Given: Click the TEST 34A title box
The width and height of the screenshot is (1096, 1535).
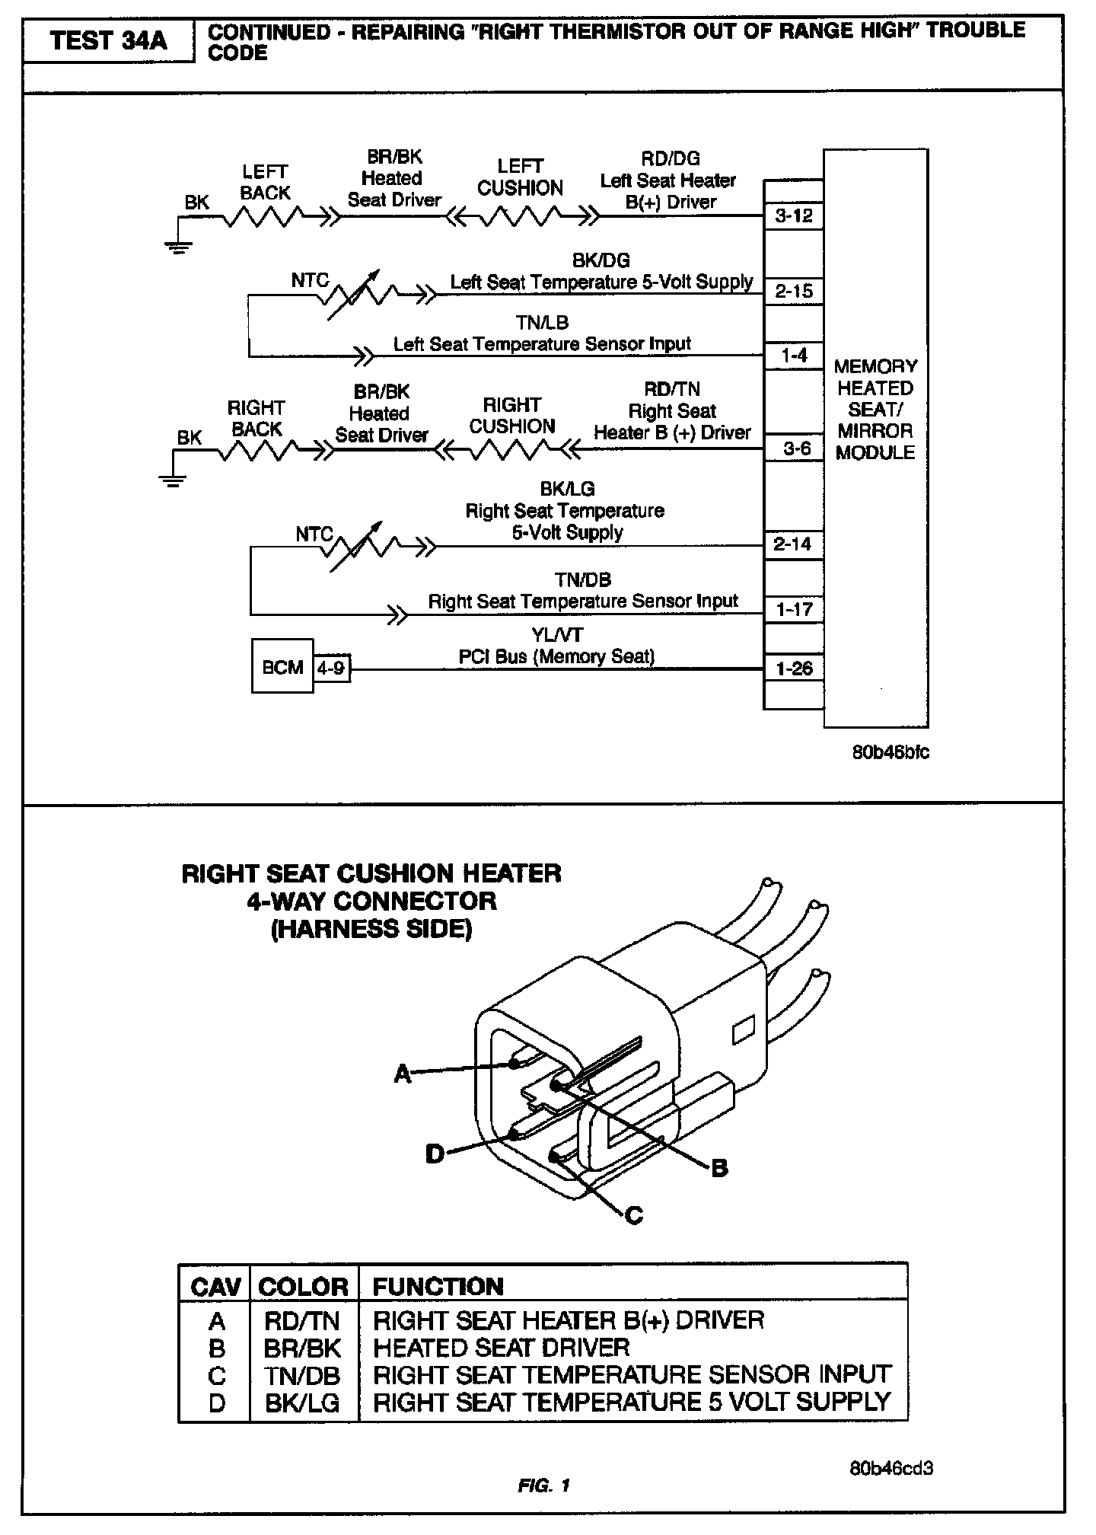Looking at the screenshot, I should (x=108, y=40).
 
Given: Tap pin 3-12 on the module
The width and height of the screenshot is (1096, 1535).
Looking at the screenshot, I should (x=793, y=215).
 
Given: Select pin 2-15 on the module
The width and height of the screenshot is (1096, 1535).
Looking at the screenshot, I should (x=793, y=291).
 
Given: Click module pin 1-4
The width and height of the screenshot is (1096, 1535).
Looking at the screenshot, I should (x=793, y=356).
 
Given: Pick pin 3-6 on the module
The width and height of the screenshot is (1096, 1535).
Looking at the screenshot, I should (x=796, y=448).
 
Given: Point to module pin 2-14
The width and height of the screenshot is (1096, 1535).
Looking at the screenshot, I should (x=793, y=544).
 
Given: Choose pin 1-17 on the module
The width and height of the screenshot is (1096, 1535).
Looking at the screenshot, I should (x=793, y=609).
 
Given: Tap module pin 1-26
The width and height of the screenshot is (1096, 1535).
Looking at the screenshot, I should (x=793, y=669).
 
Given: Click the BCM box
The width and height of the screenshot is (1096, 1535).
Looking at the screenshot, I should (x=282, y=666).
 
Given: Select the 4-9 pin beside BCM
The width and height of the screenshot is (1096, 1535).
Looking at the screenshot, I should (x=331, y=668).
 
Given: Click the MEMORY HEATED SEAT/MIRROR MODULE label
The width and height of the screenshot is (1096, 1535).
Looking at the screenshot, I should (x=875, y=409).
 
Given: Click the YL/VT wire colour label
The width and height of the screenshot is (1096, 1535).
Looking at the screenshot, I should (x=557, y=635).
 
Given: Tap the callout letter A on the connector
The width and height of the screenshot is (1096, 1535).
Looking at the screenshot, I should (x=402, y=1074).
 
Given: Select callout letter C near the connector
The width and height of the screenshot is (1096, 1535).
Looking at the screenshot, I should (x=633, y=1215).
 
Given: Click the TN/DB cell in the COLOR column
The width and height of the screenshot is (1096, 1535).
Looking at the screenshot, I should (x=302, y=1374).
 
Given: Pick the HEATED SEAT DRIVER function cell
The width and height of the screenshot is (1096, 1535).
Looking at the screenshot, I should (x=501, y=1347).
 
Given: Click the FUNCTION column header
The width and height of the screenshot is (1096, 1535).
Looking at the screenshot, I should (x=438, y=1286).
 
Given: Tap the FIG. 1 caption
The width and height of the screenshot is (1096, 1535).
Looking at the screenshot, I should (x=543, y=1485).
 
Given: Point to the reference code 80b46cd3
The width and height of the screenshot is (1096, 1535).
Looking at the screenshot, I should (x=890, y=1468).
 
